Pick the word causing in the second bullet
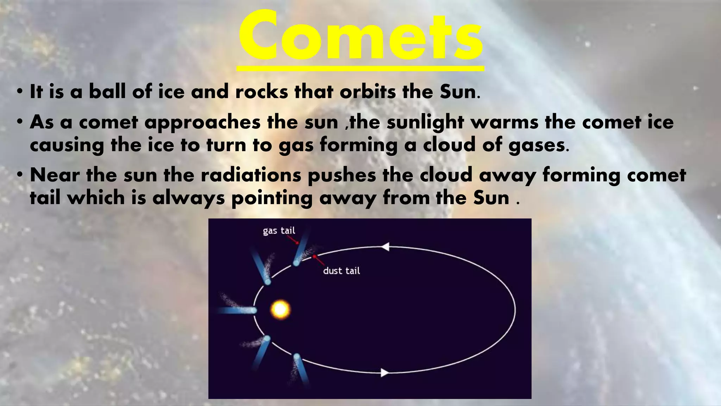pos(67,145)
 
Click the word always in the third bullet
pos(188,198)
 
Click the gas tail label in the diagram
pos(279,231)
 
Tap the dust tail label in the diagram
pos(341,271)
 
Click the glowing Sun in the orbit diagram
pos(281,310)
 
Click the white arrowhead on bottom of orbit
pos(385,373)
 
